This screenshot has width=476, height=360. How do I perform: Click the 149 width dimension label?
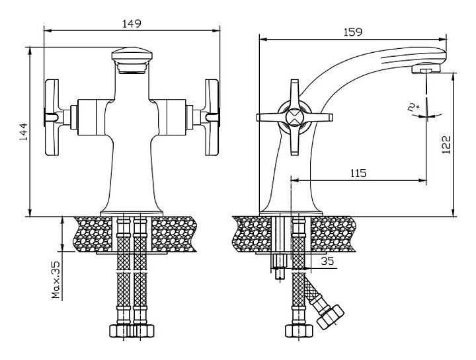(132, 23)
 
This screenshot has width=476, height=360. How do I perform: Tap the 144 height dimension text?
(21, 130)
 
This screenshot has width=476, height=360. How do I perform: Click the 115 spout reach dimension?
(358, 173)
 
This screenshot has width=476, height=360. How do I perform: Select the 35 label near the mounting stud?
(327, 261)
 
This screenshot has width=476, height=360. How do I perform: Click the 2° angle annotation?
(414, 106)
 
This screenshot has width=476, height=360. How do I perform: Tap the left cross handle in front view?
(52, 116)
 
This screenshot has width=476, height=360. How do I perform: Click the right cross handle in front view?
(212, 116)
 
